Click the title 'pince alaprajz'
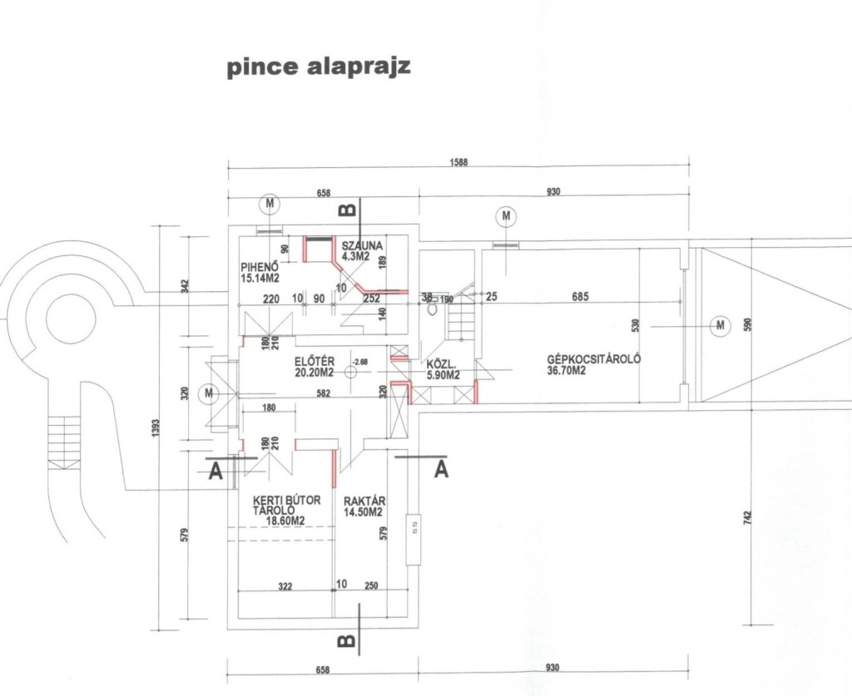[318, 67]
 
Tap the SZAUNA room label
[362, 251]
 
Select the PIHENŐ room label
[260, 273]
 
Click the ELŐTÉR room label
[314, 367]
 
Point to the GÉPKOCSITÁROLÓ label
[594, 364]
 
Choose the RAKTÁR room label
[364, 506]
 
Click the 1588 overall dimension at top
[458, 162]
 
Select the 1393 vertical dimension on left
[156, 429]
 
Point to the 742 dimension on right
[747, 517]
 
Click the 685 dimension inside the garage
[580, 296]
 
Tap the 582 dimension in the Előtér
[324, 393]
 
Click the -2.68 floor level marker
[360, 362]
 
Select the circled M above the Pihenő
[269, 205]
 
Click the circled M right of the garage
[721, 325]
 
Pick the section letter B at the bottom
[348, 641]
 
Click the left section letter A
[215, 471]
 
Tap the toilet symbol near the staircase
[433, 309]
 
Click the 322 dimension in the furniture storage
[285, 586]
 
